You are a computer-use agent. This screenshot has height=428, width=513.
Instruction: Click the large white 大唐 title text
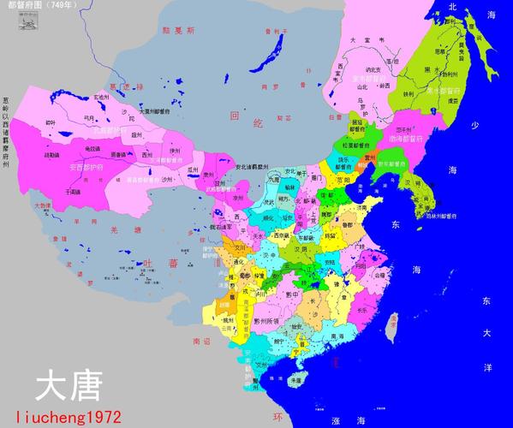click(x=69, y=386)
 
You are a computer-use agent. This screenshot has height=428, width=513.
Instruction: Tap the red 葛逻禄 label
click(x=118, y=86)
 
